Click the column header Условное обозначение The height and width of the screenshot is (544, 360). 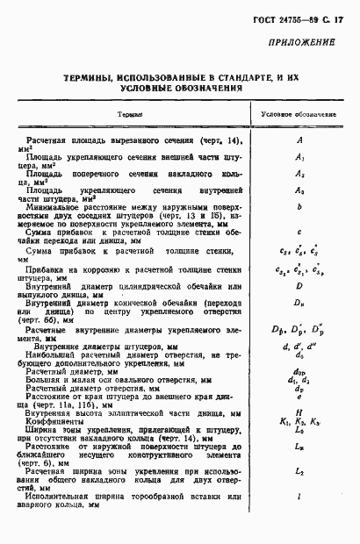(x=300, y=115)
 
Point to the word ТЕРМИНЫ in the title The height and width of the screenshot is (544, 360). (x=93, y=78)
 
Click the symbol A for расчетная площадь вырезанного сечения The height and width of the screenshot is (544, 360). (x=299, y=140)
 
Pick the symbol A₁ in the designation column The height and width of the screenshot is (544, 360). (x=299, y=157)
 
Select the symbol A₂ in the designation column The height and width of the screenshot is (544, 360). (x=299, y=175)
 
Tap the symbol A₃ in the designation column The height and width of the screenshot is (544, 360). (x=299, y=191)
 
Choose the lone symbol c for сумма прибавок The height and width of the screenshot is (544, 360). (x=299, y=233)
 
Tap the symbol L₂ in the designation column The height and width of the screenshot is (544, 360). (x=299, y=473)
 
